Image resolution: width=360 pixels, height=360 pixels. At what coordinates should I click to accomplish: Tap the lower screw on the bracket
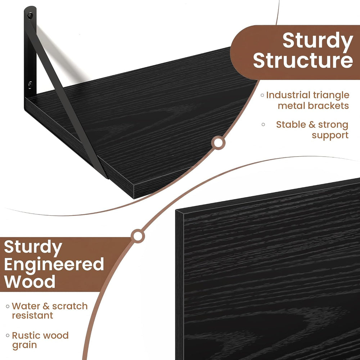(x=30, y=85)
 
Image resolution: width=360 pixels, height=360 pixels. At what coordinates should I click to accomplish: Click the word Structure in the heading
(x=303, y=60)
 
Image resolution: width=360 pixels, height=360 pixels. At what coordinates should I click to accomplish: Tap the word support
(x=330, y=135)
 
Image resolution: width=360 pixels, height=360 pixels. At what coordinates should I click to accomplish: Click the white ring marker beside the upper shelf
(x=218, y=143)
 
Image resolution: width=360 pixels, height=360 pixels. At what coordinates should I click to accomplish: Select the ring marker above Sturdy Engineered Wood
(x=138, y=236)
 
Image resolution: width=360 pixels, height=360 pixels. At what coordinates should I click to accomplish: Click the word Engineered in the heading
(x=54, y=264)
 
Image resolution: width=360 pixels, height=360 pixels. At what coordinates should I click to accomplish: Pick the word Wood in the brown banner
(x=30, y=282)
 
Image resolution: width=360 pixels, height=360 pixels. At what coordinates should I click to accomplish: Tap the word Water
(x=26, y=306)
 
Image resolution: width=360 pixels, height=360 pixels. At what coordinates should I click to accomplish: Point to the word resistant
(x=32, y=315)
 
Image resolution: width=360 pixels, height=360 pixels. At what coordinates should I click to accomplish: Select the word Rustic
(x=26, y=336)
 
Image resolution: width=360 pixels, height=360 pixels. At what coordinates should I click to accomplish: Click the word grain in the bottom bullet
(x=24, y=345)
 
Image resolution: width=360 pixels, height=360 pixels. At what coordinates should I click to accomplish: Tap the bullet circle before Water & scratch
(x=8, y=306)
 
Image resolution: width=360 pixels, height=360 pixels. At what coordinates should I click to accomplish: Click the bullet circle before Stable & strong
(x=263, y=125)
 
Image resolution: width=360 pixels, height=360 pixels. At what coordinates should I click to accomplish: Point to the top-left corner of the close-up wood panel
(x=176, y=210)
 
